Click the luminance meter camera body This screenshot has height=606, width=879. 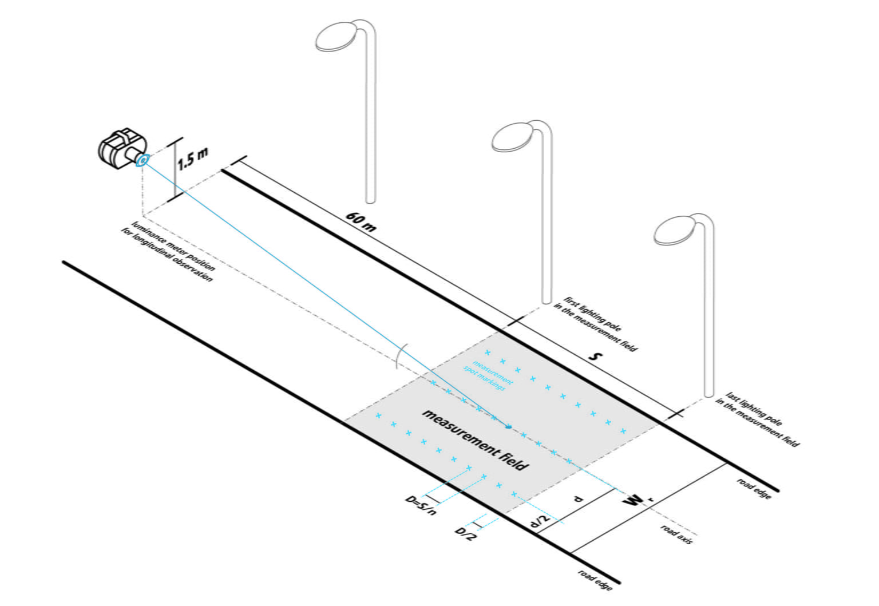122,149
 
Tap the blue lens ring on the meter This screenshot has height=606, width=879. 142,160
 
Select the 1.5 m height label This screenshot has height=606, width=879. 192,159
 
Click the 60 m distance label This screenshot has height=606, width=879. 361,222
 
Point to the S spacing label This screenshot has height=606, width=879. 596,357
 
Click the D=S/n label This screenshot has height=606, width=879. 420,505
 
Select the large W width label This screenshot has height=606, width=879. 632,501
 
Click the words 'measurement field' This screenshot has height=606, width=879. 475,440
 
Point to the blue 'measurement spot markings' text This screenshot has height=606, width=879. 488,375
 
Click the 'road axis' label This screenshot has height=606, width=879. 676,534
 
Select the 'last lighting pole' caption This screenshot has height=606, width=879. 757,419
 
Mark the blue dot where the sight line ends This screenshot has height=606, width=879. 509,427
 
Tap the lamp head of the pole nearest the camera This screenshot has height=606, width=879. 336,37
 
